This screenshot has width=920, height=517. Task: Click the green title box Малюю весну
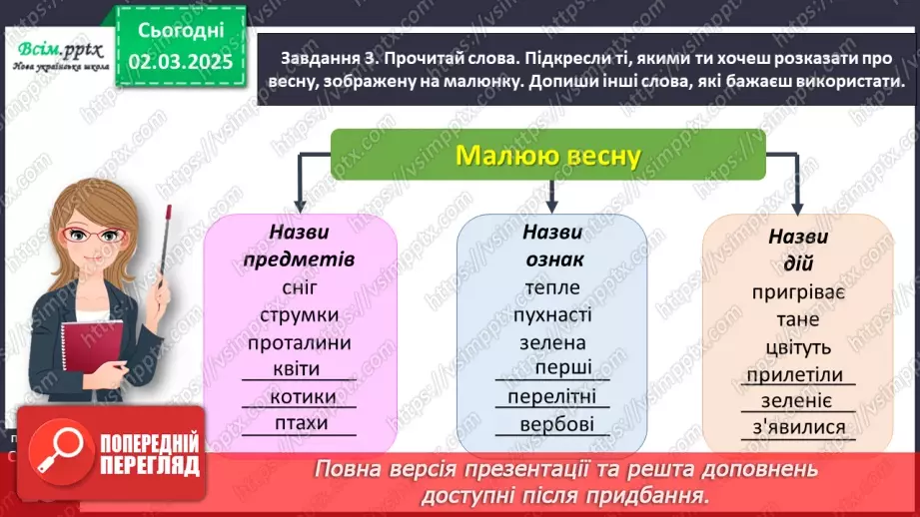(547, 156)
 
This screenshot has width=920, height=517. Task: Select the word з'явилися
(799, 429)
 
